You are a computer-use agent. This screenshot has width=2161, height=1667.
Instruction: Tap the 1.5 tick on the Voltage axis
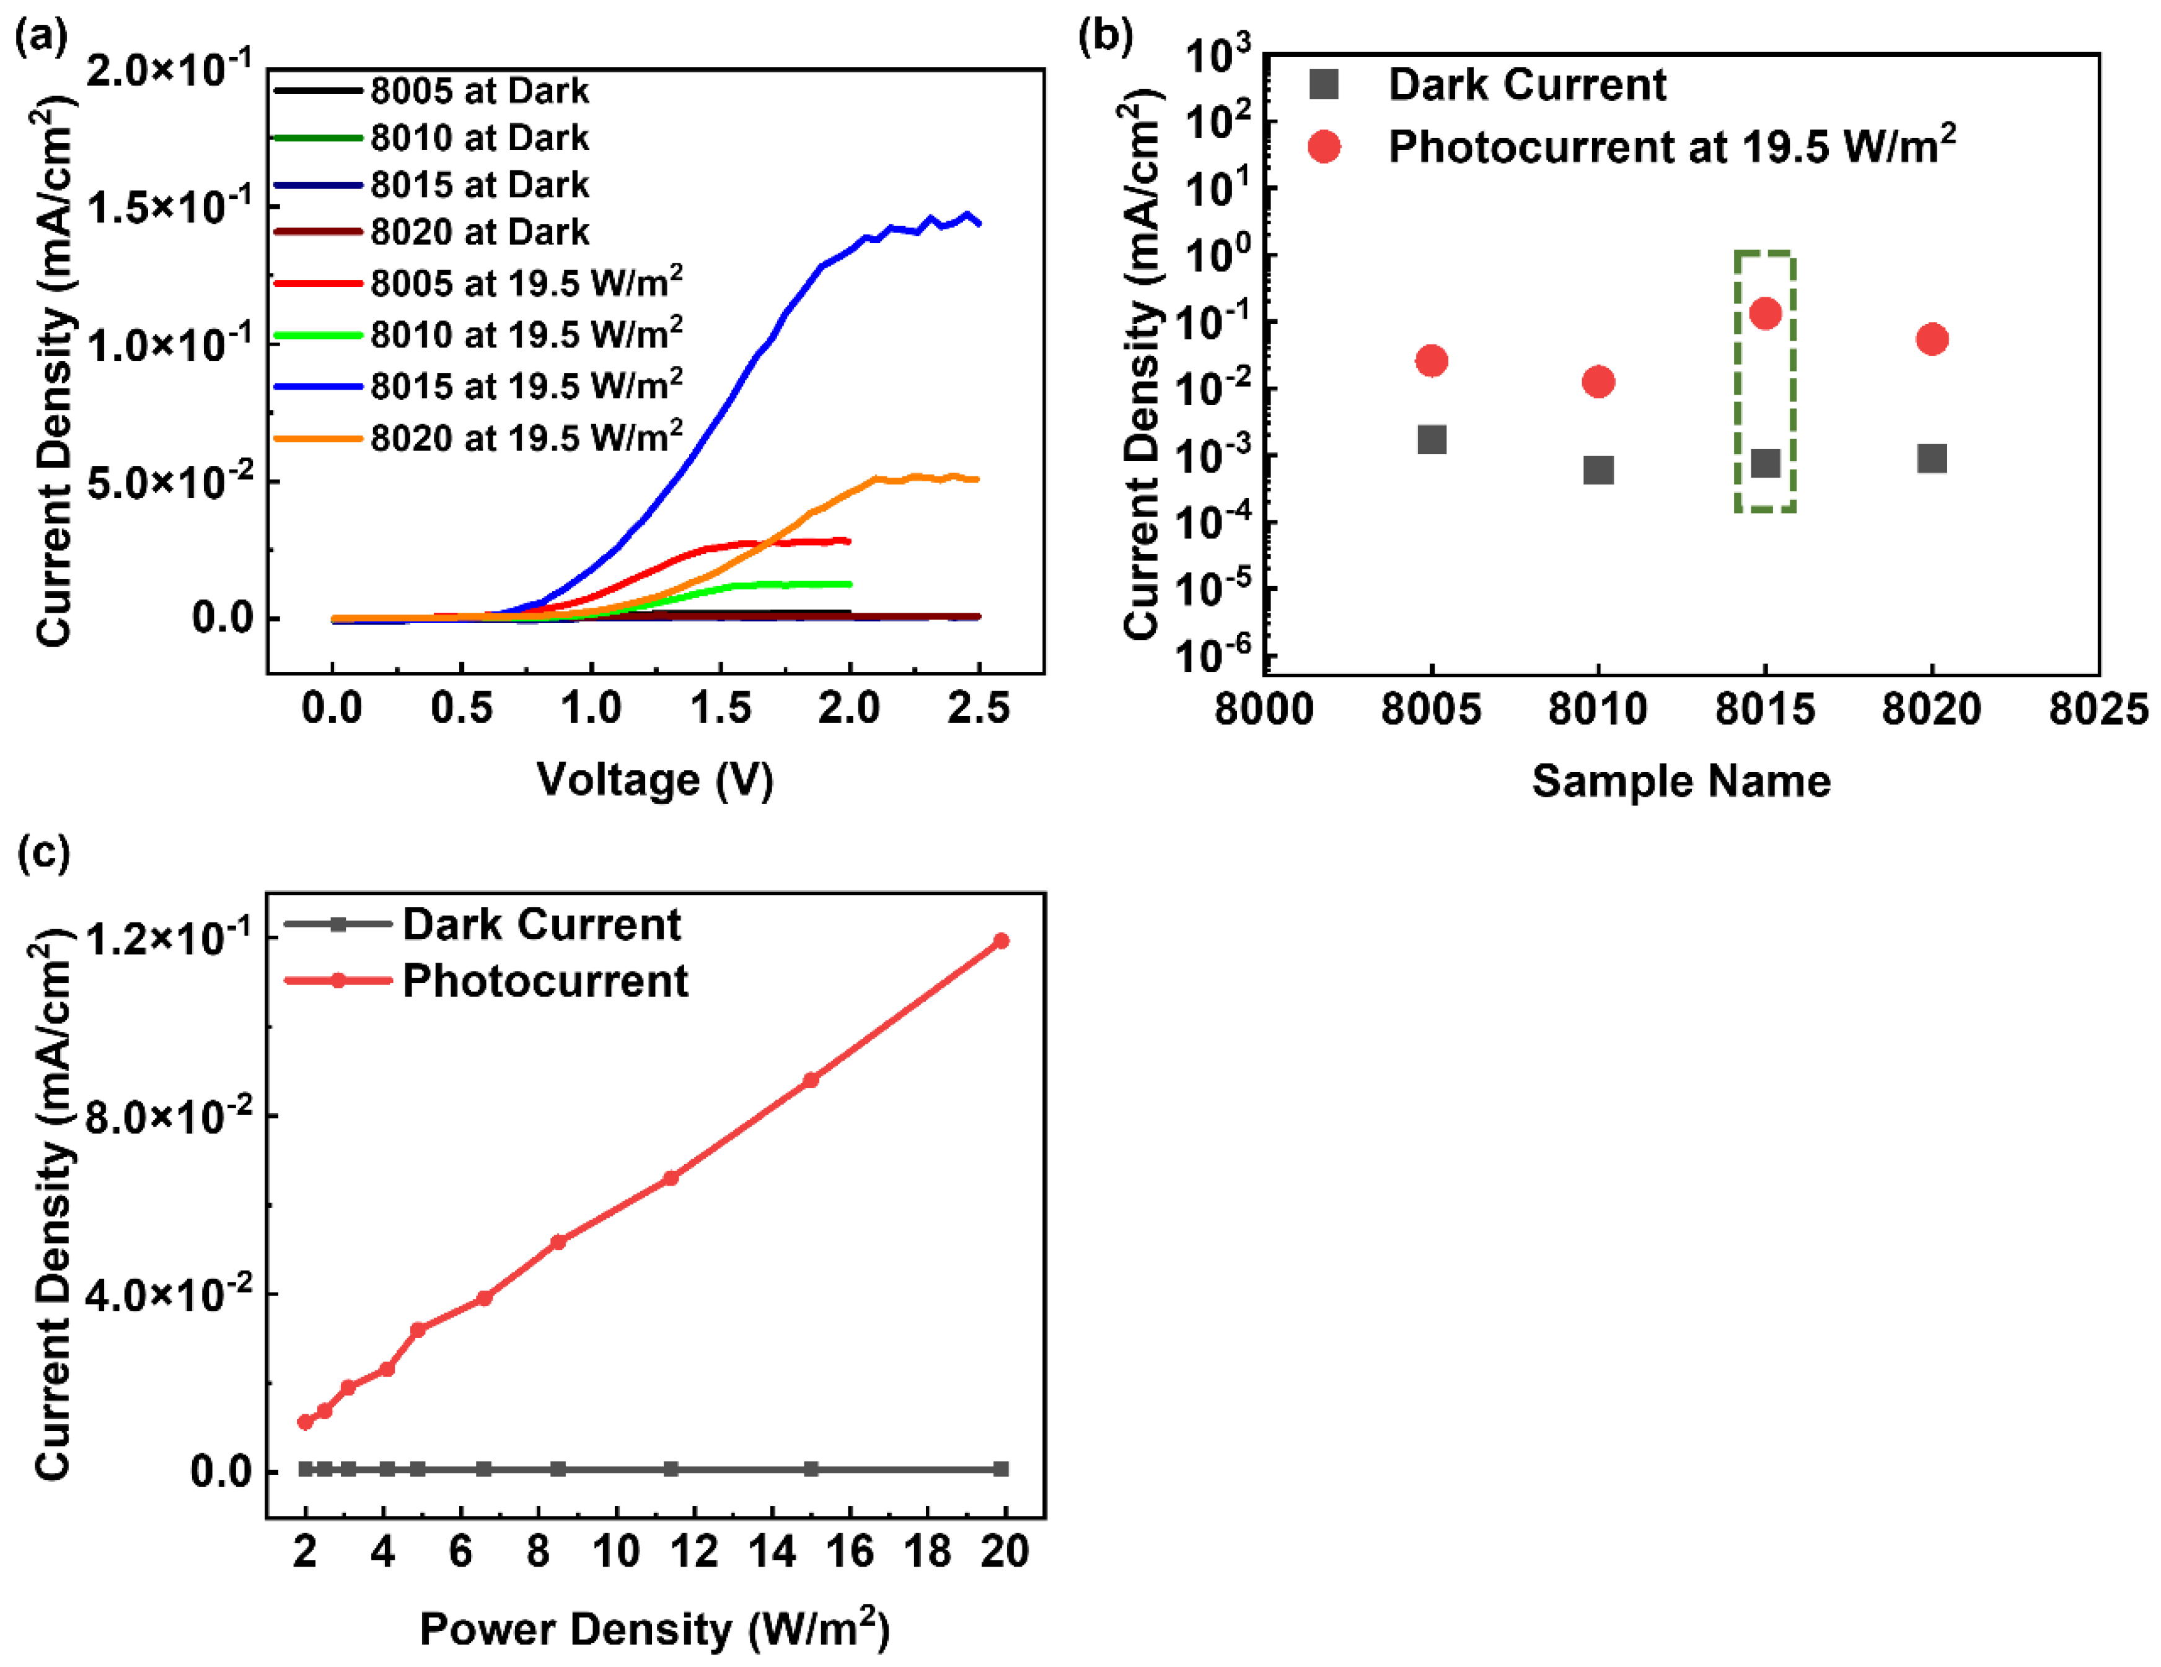point(720,708)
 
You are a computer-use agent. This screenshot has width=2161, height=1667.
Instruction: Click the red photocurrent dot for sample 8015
point(1764,313)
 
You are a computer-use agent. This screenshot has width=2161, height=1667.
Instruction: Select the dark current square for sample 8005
point(1431,439)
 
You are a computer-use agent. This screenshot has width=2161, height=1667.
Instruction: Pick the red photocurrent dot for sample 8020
point(1932,339)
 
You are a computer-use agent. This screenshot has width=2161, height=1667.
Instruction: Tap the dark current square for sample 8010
point(1598,470)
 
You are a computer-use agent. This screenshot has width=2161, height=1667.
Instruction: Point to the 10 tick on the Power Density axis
point(615,1551)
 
